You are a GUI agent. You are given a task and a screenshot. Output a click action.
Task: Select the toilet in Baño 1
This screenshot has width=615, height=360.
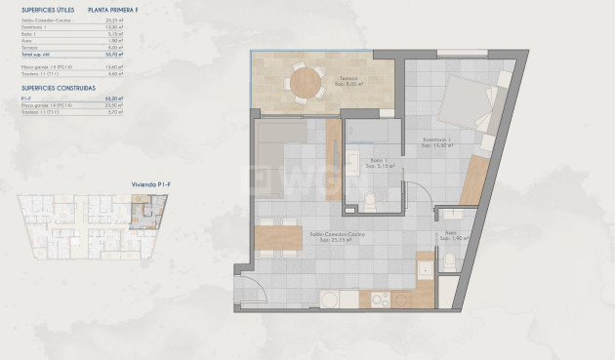tap(369, 201)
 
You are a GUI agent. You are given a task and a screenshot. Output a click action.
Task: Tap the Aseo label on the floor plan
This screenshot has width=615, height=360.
tap(450, 233)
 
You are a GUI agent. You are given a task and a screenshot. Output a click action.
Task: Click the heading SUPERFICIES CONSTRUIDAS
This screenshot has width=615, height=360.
tap(58, 86)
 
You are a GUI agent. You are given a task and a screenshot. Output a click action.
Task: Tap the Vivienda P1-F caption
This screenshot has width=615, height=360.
tap(124, 182)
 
